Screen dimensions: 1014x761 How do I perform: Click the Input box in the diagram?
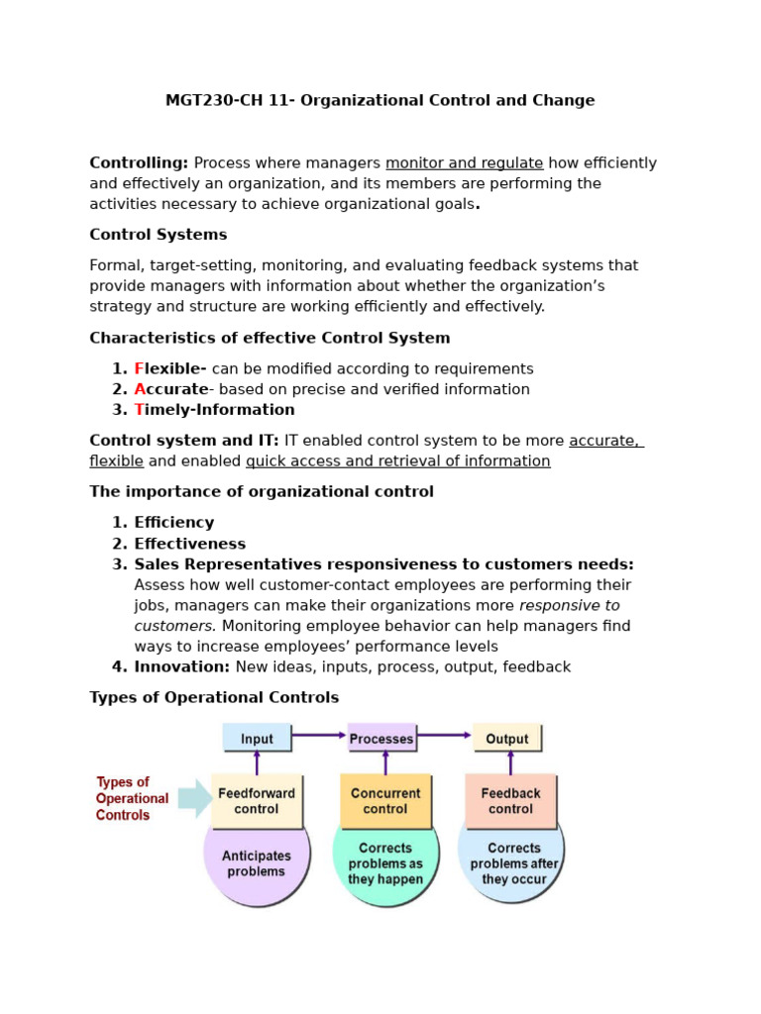coord(257,738)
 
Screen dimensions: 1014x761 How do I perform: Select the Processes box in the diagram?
coord(381,738)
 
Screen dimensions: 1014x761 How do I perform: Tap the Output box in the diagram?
coord(507,738)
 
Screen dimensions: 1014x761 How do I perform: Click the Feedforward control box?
coord(257,800)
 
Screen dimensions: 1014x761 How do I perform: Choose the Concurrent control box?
coord(385,800)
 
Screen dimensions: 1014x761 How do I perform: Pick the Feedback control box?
coord(510,800)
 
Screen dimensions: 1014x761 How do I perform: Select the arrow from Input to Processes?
coord(319,735)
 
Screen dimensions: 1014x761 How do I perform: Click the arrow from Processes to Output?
coord(444,735)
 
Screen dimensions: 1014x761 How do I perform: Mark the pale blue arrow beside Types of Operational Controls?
coord(194,799)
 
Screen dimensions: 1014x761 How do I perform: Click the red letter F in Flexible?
coord(139,368)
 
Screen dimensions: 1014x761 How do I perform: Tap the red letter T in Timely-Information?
coord(139,410)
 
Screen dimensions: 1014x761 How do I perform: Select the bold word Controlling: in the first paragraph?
coord(139,163)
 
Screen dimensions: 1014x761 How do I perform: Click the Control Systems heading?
coord(159,235)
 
